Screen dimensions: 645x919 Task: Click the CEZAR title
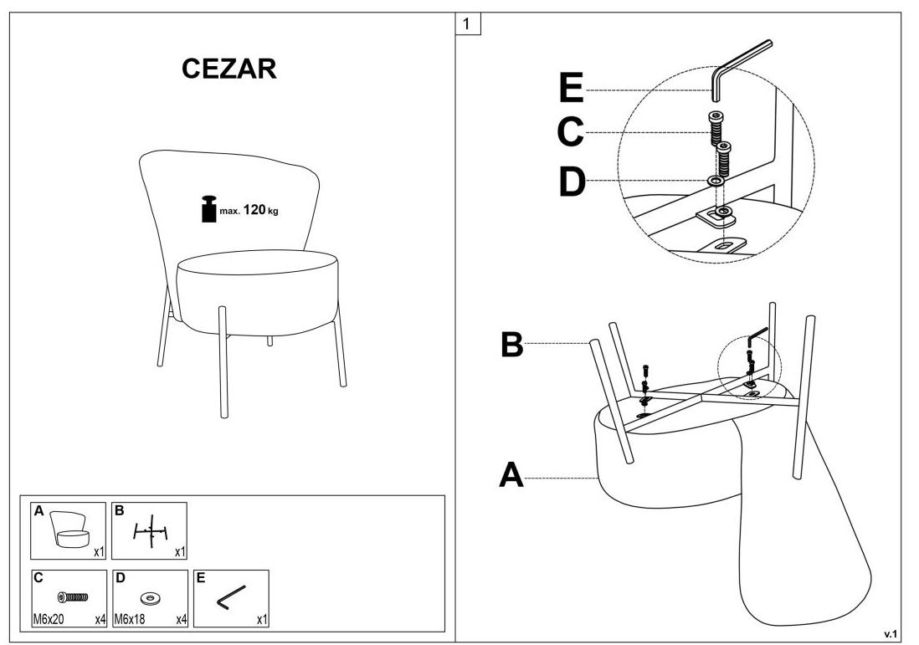229,69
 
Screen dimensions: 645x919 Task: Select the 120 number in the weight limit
254,210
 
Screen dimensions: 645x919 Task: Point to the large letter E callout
570,89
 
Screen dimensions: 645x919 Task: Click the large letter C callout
570,132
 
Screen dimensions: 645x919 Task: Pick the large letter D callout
572,182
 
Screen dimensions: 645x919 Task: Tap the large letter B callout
511,344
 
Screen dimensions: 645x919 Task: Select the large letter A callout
511,476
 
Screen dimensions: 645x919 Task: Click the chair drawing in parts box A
69,528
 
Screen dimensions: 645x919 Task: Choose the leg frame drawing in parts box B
151,530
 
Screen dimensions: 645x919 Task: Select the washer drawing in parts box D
151,597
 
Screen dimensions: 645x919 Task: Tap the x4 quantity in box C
100,620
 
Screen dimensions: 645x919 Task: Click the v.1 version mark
891,633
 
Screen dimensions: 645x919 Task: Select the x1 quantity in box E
262,620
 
